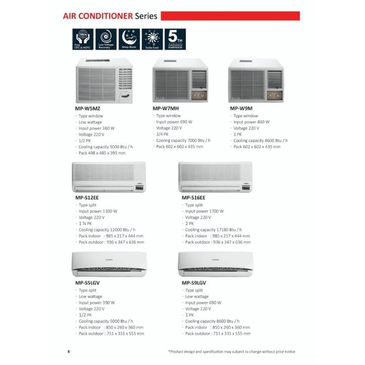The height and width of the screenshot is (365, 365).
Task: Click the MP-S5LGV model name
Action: [x=88, y=283]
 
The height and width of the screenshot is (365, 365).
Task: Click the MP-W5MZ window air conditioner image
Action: [x=105, y=81]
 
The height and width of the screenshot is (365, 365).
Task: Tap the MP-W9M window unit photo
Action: [x=256, y=80]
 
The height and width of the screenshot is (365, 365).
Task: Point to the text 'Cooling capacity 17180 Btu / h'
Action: [x=216, y=230]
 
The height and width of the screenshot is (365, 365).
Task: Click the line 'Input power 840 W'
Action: [x=252, y=122]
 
